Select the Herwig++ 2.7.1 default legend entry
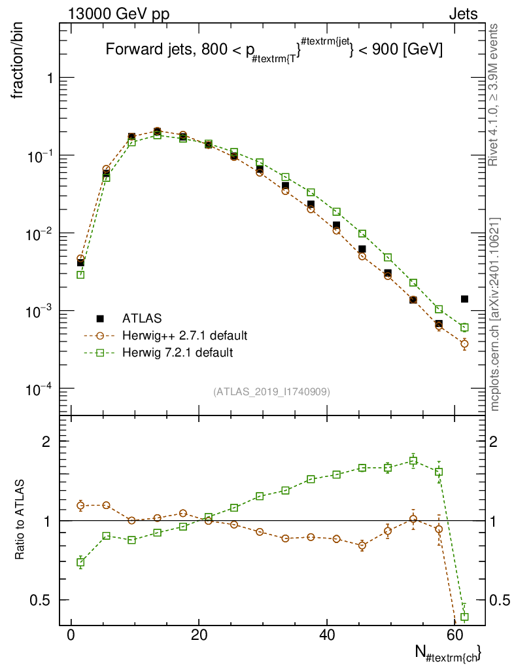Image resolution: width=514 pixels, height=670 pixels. coord(184,336)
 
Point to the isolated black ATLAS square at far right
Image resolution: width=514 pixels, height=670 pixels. coord(464,299)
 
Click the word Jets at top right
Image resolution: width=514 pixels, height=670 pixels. coord(463,14)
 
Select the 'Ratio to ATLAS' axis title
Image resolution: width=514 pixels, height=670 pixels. coord(20,520)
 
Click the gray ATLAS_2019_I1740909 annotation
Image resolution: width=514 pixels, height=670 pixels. coord(271,392)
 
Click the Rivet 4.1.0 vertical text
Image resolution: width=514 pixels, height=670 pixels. coord(494,94)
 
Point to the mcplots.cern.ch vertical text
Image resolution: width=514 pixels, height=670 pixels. coord(495,314)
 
